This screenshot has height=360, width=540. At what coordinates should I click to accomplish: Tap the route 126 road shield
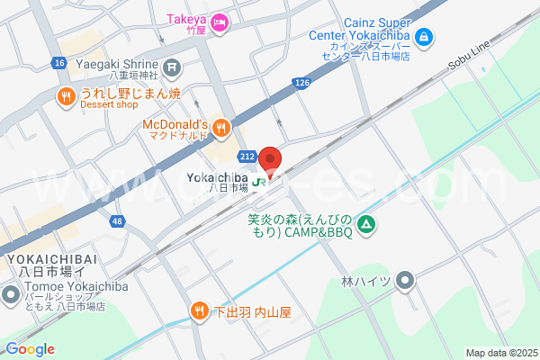click(301, 83)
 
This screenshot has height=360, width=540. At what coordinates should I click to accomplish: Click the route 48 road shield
click(117, 220)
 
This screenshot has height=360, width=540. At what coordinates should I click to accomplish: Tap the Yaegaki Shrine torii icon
click(173, 66)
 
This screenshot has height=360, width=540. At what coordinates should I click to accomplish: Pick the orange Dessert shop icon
click(67, 95)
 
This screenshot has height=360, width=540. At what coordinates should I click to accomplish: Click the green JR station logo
click(259, 183)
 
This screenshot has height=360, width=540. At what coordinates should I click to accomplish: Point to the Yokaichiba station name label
click(217, 178)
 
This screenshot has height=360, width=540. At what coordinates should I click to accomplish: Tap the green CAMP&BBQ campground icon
click(366, 224)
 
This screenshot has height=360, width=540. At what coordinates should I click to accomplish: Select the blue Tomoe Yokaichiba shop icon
click(10, 294)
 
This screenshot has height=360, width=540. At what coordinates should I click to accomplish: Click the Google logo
click(29, 349)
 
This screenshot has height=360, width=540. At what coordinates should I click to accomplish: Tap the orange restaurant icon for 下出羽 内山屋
click(200, 312)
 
